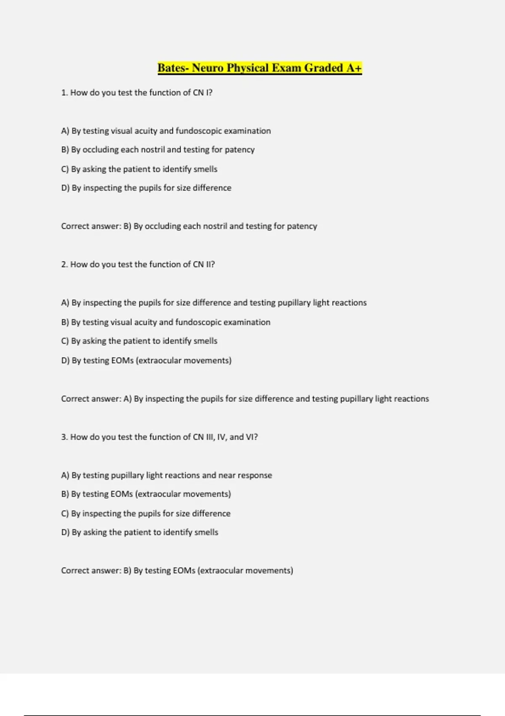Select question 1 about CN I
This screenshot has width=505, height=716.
[x=137, y=93]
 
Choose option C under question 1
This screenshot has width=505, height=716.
[x=139, y=169]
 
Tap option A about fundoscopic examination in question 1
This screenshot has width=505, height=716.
[x=166, y=131]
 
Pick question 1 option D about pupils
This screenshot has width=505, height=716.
[x=146, y=188]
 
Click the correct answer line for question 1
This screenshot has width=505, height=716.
[x=189, y=226]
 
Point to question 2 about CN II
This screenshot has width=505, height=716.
[x=138, y=264]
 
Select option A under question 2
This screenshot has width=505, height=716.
[x=214, y=303]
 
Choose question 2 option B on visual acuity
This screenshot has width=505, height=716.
[x=166, y=322]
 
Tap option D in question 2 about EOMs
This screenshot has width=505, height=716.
[x=146, y=361]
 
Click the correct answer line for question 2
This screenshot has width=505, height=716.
[x=245, y=399]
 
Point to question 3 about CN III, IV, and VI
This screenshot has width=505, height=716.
[x=159, y=437]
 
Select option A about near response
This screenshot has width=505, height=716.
[x=167, y=476]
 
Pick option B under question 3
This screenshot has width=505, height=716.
[x=146, y=494]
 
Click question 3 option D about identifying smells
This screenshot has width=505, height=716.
[x=140, y=532]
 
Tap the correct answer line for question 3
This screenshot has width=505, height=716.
[x=177, y=571]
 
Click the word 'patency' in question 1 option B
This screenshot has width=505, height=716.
[x=239, y=150]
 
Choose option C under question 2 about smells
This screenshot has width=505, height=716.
[x=139, y=341]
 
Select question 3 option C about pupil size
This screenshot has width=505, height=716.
[x=146, y=513]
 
